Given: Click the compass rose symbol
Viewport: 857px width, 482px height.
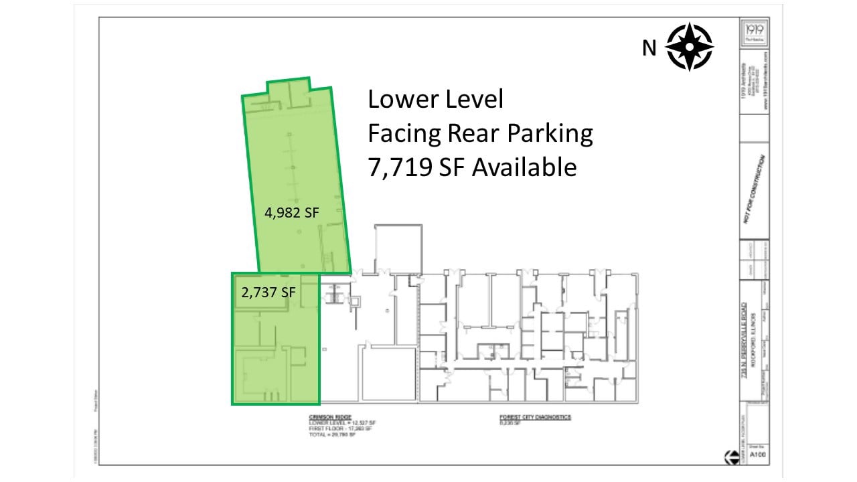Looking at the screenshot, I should [x=689, y=47].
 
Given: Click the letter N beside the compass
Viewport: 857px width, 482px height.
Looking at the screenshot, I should [x=649, y=48].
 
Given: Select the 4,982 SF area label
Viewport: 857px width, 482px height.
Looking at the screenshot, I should [x=291, y=213].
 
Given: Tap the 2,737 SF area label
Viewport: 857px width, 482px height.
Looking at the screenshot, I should [x=268, y=293].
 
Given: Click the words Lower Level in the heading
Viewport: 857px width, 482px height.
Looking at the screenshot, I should [x=435, y=100].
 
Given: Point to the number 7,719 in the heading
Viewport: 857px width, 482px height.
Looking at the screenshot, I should [x=400, y=167].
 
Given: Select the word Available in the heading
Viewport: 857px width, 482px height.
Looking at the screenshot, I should [x=524, y=167].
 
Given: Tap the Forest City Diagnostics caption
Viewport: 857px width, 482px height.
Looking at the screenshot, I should [x=535, y=416].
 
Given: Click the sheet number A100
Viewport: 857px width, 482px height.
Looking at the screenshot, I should [x=757, y=456].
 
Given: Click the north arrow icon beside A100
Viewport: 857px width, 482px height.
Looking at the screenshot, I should [x=730, y=457].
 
